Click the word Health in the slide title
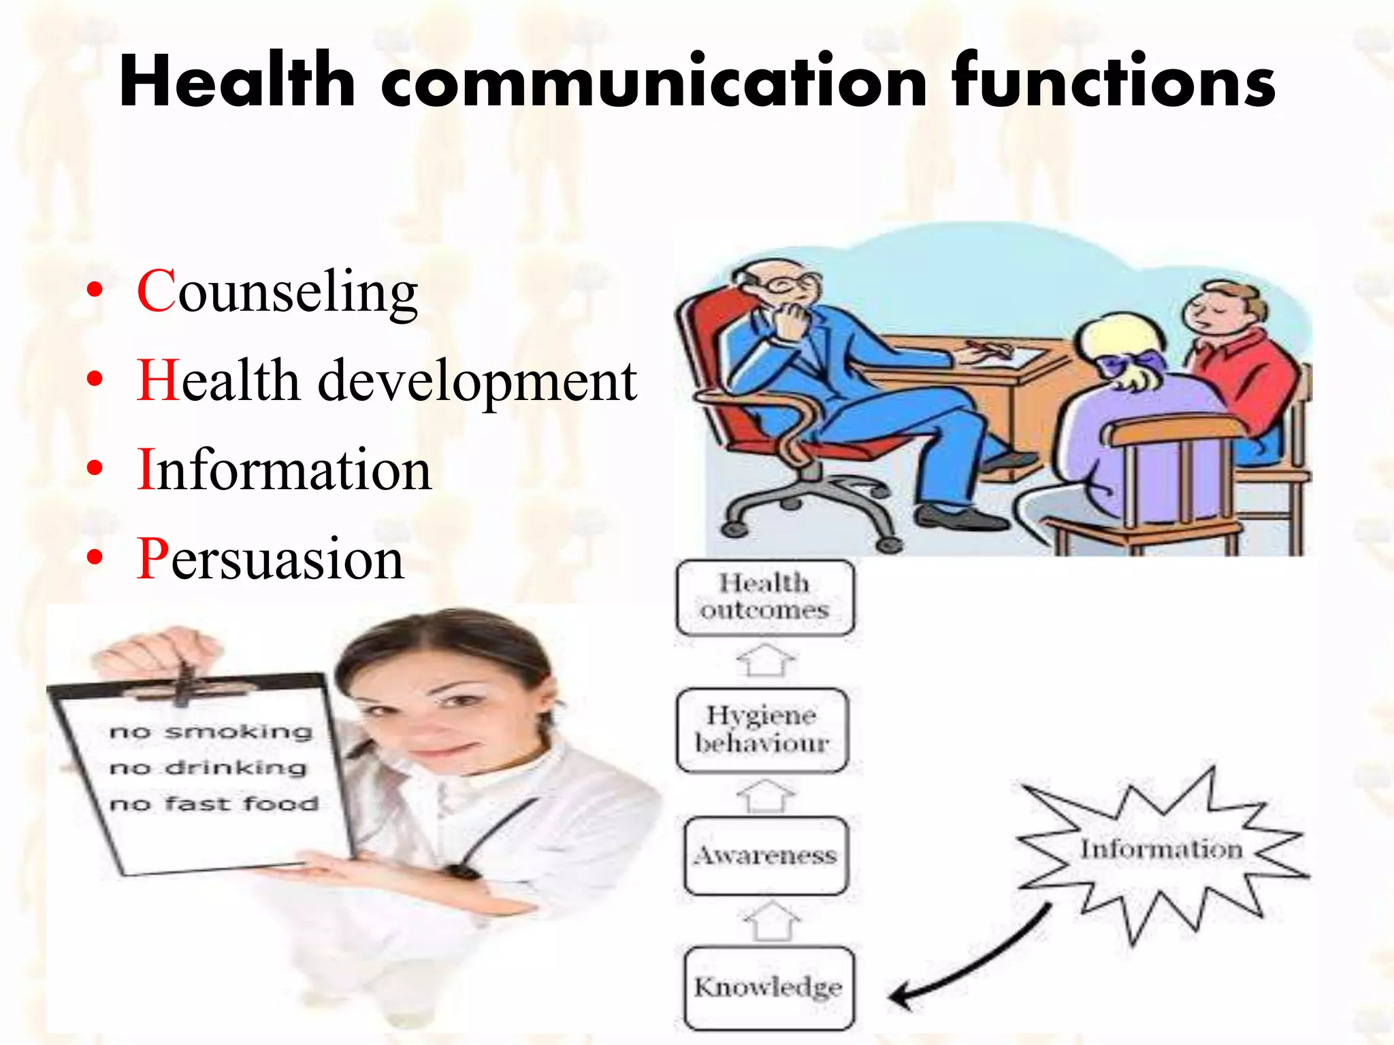click(x=237, y=82)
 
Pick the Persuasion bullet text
click(x=271, y=559)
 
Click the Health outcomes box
click(x=764, y=597)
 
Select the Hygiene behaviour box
click(x=762, y=729)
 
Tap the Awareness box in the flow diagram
click(x=765, y=855)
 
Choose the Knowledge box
click(x=768, y=987)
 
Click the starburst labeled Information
click(x=1161, y=850)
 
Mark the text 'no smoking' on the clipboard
click(x=211, y=732)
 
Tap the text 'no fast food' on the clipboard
click(x=214, y=804)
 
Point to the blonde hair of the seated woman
click(x=1116, y=340)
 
